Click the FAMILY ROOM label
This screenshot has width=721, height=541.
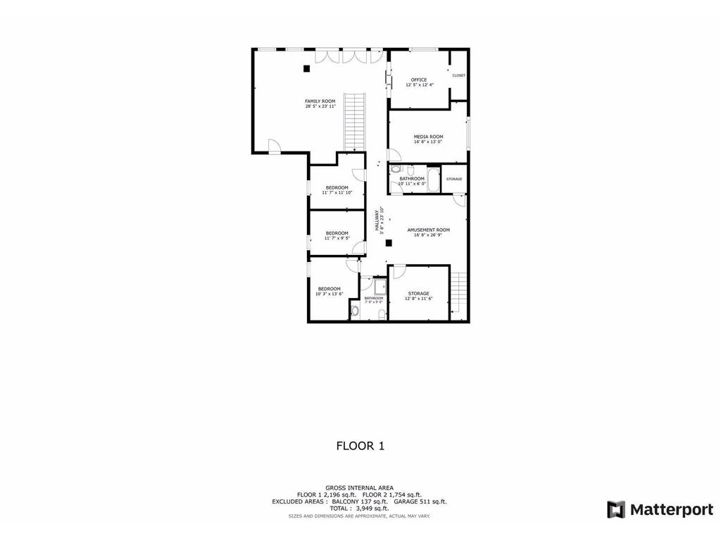[x=320, y=101]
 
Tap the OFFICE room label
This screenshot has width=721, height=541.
[x=419, y=80]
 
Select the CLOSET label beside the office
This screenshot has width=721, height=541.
[x=458, y=75]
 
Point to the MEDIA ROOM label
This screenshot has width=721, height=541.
[x=428, y=136]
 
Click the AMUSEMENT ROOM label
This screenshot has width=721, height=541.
[x=428, y=230]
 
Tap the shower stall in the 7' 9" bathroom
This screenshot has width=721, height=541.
[x=380, y=286]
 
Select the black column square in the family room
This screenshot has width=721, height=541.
[x=306, y=68]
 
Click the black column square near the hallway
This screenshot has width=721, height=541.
[x=388, y=243]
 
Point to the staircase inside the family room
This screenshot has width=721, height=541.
[x=354, y=121]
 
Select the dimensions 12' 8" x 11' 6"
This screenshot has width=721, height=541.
[x=418, y=299]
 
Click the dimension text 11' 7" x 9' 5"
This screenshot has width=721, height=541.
[x=337, y=239]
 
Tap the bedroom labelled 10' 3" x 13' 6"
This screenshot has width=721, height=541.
[x=329, y=289]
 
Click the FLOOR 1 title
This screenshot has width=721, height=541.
[x=360, y=445]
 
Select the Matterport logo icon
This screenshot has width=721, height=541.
[x=616, y=509]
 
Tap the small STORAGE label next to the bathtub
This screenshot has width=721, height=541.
[x=454, y=179]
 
